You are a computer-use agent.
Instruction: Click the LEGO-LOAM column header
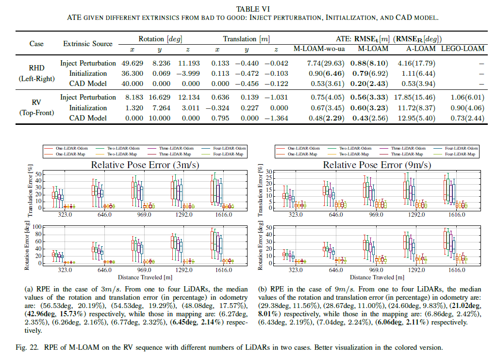coord(463,49)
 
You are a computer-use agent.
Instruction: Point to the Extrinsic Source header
coord(88,44)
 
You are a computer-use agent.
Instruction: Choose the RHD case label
coord(36,69)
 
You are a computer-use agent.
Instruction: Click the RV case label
coord(36,103)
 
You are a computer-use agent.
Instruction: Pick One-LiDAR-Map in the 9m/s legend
coord(303,154)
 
